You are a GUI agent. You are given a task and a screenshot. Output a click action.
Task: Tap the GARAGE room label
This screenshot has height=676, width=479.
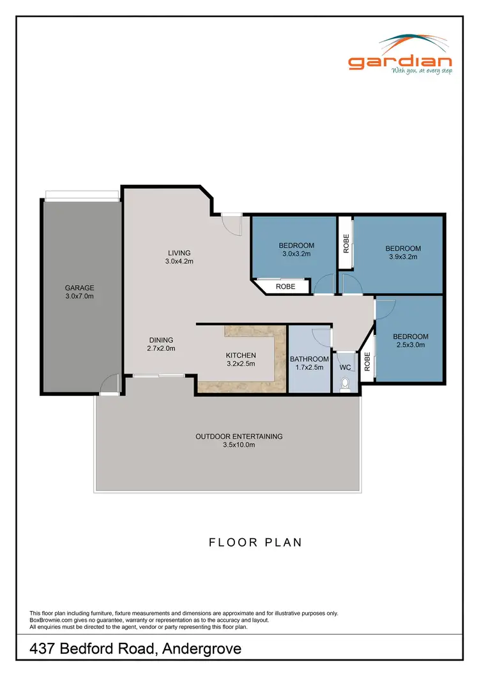click(79, 288)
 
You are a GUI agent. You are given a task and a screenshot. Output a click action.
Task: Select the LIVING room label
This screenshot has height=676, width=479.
click(179, 253)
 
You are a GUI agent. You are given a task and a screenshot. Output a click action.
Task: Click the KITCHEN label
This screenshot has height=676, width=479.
click(240, 355)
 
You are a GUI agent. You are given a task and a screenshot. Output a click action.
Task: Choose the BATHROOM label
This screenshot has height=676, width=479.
click(309, 359)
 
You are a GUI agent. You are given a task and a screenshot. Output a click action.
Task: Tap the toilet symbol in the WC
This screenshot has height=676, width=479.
click(346, 384)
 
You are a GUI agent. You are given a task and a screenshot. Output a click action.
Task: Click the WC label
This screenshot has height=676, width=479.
click(345, 368)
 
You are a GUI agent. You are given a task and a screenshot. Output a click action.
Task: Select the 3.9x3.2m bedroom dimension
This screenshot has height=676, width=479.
click(403, 258)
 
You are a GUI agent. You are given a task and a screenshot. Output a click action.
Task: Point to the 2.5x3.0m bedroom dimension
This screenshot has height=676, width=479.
click(410, 345)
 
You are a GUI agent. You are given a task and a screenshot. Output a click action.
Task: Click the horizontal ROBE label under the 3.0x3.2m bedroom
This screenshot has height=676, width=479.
click(285, 287)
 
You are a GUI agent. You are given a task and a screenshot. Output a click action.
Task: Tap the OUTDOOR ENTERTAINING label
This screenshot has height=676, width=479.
click(239, 437)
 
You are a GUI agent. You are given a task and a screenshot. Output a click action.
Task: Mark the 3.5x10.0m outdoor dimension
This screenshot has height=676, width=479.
click(238, 445)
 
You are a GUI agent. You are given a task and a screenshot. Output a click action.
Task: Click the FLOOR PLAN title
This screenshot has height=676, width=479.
click(255, 543)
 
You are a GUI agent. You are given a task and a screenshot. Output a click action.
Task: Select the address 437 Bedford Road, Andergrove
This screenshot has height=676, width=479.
click(136, 649)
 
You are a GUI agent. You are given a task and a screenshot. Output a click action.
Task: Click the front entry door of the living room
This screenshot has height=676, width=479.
click(231, 224)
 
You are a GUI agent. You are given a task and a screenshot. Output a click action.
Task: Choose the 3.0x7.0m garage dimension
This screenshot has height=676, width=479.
click(79, 296)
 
